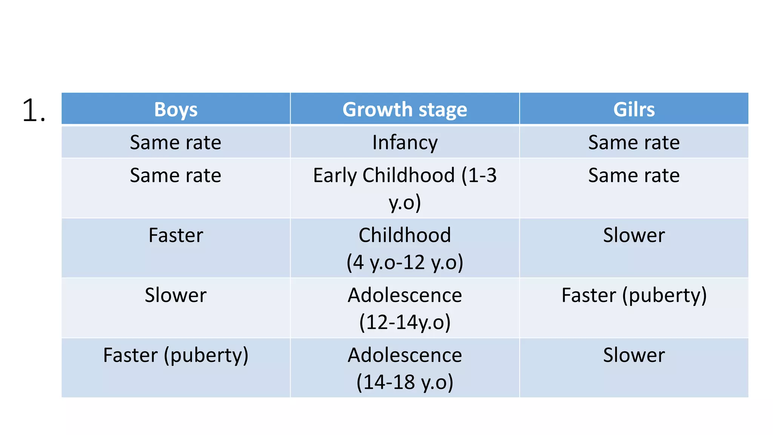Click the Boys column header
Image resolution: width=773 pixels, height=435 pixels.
[176, 110]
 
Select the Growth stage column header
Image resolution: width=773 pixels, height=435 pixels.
[405, 110]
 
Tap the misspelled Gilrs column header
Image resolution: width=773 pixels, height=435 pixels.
[634, 110]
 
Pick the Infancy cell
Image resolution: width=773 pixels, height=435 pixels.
[405, 142]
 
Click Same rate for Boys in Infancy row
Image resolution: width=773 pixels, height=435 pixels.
[176, 142]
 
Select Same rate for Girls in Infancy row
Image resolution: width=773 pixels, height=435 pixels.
[634, 142]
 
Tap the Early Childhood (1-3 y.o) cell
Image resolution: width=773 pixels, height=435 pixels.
[405, 188]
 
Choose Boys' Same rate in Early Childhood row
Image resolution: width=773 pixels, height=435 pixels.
[176, 175]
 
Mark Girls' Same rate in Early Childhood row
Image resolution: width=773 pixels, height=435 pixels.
[634, 175]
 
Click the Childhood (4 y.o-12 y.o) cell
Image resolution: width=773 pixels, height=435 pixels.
[405, 248]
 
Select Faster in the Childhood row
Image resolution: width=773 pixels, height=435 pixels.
[176, 235]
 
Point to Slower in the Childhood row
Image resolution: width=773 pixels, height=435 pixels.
[634, 235]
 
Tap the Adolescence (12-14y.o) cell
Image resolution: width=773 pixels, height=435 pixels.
[405, 308]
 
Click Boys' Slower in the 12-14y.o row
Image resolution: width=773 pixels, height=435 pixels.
[176, 295]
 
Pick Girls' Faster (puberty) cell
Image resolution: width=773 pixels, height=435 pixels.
[634, 295]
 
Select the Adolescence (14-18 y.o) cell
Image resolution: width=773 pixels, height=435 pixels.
[405, 368]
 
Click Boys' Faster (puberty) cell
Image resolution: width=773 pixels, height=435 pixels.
[176, 355]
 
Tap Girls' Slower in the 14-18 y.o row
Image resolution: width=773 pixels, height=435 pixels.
[634, 355]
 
